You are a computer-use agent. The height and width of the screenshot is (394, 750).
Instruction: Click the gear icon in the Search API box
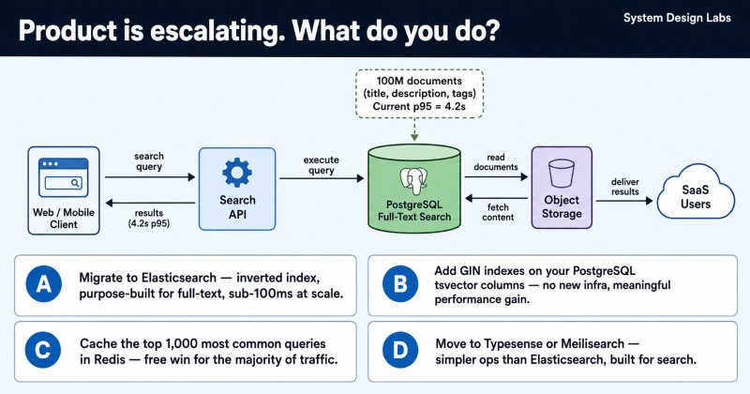click(x=237, y=173)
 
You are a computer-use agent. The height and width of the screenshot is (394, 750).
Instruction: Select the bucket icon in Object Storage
click(x=562, y=173)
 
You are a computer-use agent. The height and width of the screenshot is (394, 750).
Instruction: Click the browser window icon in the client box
click(x=64, y=177)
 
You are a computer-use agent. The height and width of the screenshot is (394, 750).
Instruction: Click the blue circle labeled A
click(x=43, y=284)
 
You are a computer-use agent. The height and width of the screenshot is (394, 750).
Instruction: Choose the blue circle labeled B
click(x=400, y=284)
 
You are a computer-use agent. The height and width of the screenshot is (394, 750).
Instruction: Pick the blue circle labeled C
click(x=42, y=350)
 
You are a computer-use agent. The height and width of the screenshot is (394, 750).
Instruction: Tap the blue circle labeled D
click(x=400, y=350)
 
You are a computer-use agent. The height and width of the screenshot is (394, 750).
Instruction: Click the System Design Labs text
click(x=677, y=18)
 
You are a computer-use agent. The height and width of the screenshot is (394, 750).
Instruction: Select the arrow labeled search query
click(x=150, y=177)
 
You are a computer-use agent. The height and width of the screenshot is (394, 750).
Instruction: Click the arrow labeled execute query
click(x=322, y=178)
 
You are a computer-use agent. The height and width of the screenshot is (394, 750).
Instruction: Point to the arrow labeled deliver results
click(x=624, y=201)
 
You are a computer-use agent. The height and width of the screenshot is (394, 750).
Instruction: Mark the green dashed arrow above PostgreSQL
click(x=414, y=129)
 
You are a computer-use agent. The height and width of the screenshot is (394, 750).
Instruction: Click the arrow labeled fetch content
click(x=496, y=198)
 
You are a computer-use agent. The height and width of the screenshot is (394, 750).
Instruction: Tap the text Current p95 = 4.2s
click(x=419, y=106)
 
